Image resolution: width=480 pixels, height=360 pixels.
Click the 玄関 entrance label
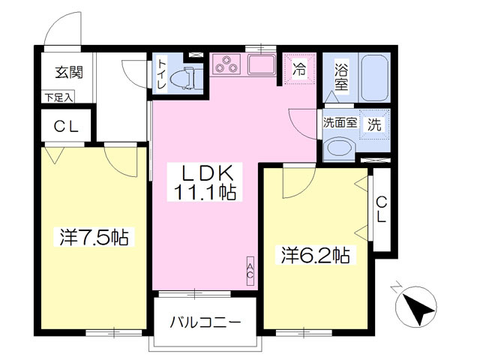69,73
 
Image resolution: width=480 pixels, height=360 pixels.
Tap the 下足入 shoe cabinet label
58,98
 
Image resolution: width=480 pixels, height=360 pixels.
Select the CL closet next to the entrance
66,125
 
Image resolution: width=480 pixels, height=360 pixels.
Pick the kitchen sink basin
262,64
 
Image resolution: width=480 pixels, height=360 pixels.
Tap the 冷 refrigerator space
299,69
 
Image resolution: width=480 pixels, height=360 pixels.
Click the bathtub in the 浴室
375,78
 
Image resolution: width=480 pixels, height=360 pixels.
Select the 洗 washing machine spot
374,124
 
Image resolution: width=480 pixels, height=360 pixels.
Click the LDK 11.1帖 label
205,181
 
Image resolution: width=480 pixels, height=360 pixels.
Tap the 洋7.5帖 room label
94,237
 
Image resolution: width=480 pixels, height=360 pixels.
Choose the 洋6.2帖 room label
316,255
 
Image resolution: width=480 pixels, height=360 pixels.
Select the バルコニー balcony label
205,322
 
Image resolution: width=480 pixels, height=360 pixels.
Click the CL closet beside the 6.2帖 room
381,209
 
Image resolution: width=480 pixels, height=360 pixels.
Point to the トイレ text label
162,74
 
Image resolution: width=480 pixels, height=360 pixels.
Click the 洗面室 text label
340,123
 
